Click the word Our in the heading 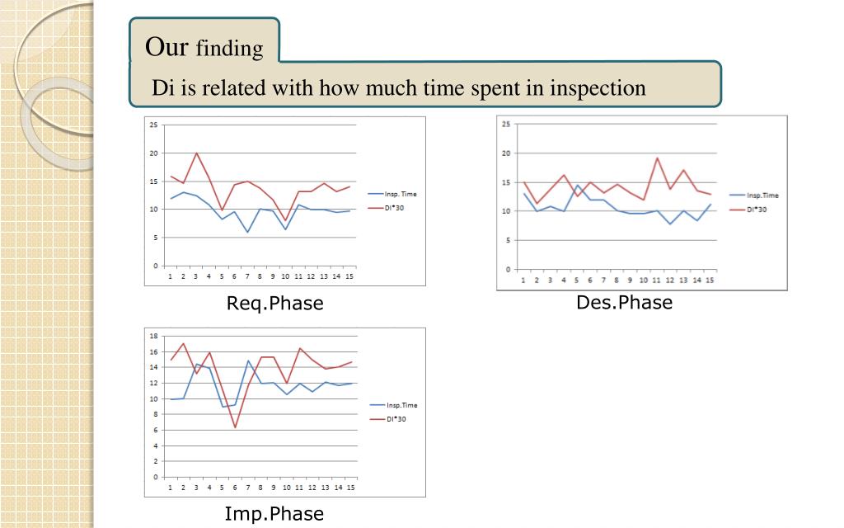pos(167,46)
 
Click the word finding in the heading pos(229,49)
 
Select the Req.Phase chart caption pos(274,304)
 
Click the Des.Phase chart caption pos(624,302)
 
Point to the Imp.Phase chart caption pos(274,514)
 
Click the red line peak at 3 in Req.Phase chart pos(196,153)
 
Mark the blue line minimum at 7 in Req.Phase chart pos(247,232)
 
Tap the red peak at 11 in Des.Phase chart pos(657,158)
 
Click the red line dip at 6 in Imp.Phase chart pos(235,427)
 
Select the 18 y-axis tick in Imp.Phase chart pos(153,337)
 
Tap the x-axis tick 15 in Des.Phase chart pos(710,280)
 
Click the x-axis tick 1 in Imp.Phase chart pos(171,488)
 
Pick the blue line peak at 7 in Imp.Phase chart pos(248,361)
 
